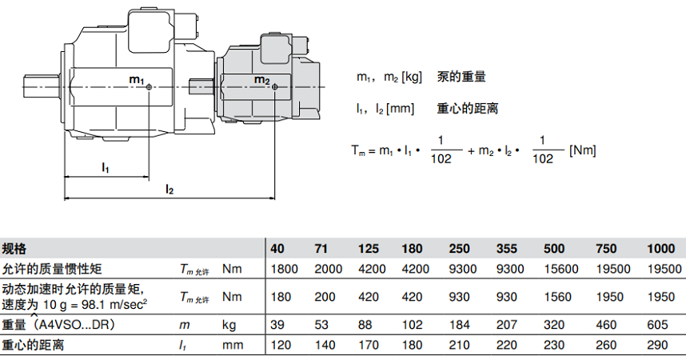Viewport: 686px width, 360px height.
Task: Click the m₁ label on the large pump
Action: pos(137,81)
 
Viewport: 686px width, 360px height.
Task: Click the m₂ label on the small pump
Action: pos(262,81)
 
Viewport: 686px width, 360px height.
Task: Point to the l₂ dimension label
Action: pos(170,189)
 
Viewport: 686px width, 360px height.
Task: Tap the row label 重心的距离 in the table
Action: pos(33,346)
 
